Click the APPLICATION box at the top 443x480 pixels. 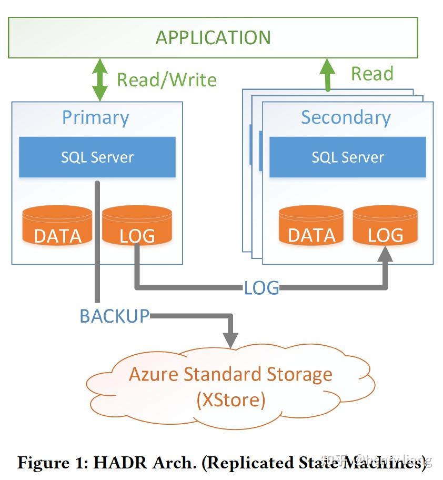(213, 37)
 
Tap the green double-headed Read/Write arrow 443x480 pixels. (100, 79)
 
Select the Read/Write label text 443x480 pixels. (166, 80)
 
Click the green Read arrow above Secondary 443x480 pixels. (328, 74)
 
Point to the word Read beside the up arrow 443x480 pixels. (372, 74)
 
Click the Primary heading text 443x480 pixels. (95, 117)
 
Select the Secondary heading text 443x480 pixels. (346, 117)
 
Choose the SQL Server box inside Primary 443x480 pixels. (97, 157)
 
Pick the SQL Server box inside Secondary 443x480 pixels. (348, 157)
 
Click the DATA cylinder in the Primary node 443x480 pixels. (58, 226)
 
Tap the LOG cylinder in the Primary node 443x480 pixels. (137, 226)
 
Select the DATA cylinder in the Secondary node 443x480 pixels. (311, 226)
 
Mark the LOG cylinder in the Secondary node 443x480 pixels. (386, 226)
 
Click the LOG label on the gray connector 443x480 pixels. (261, 288)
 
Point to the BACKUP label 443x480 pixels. (115, 316)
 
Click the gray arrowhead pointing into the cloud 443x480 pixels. (230, 339)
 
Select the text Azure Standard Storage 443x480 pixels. (230, 374)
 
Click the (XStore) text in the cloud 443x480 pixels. (231, 400)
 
